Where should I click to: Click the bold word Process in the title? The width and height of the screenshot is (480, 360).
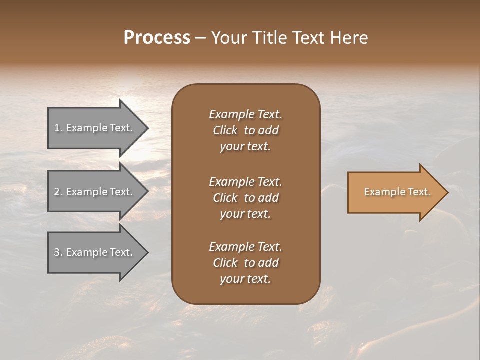click(157, 38)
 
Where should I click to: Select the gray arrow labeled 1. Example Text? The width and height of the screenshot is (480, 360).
click(95, 128)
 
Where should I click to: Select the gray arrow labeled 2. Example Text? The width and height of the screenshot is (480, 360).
click(95, 192)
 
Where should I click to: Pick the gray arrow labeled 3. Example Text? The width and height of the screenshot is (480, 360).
click(95, 252)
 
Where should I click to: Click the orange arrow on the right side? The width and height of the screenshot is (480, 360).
click(395, 192)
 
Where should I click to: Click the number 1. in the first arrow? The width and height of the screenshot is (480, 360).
click(58, 128)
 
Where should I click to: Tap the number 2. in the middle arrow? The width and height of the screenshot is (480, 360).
click(58, 192)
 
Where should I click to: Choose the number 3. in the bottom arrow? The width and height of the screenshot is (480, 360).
click(58, 252)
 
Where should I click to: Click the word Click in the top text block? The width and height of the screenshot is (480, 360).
click(225, 130)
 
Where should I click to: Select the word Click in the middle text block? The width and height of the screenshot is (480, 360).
click(225, 198)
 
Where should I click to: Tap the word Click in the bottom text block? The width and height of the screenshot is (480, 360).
click(225, 263)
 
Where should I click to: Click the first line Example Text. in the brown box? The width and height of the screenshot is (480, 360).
click(245, 114)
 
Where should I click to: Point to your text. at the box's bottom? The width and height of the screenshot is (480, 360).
click(245, 279)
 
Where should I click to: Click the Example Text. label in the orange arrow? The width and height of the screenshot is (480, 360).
click(397, 192)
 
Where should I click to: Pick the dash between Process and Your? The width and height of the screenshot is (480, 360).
click(200, 38)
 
